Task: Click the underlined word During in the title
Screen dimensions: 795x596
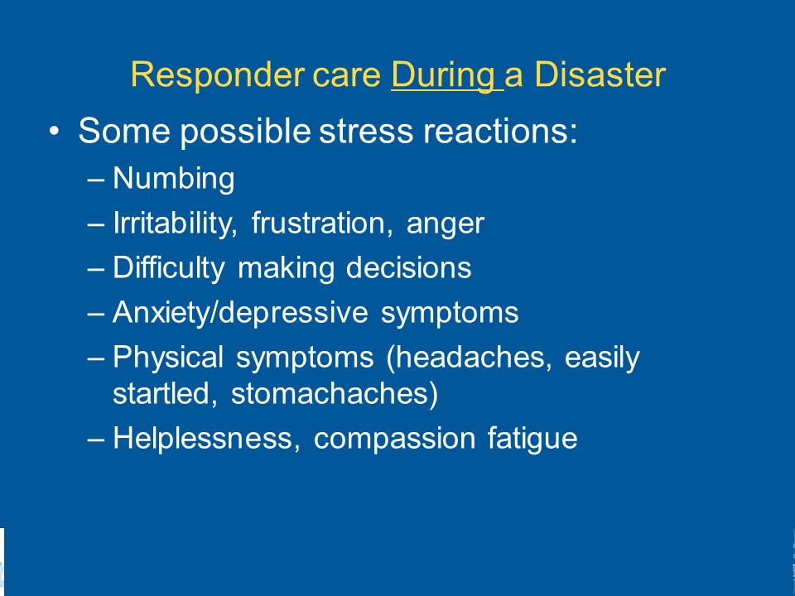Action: [443, 75]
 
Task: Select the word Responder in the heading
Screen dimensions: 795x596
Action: [218, 75]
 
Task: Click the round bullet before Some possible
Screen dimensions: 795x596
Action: [55, 132]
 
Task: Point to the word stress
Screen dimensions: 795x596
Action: [366, 131]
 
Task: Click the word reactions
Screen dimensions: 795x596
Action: [500, 131]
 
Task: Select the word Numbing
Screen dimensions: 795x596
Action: [173, 179]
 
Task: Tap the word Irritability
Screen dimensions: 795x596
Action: [175, 223]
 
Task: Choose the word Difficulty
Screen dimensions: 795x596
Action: [168, 267]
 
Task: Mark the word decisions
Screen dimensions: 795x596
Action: [408, 267]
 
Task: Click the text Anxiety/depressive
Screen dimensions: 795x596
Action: [240, 312]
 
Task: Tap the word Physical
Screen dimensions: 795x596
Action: [168, 358]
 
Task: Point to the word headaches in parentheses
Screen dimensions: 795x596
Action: [469, 358]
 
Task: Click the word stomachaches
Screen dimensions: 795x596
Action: [335, 394]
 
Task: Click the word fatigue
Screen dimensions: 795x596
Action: [532, 439]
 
